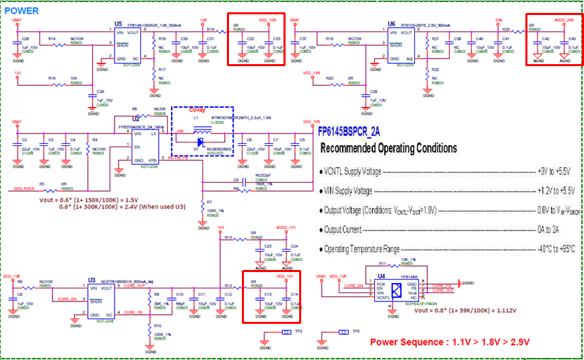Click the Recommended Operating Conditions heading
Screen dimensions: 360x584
pos(388,148)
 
